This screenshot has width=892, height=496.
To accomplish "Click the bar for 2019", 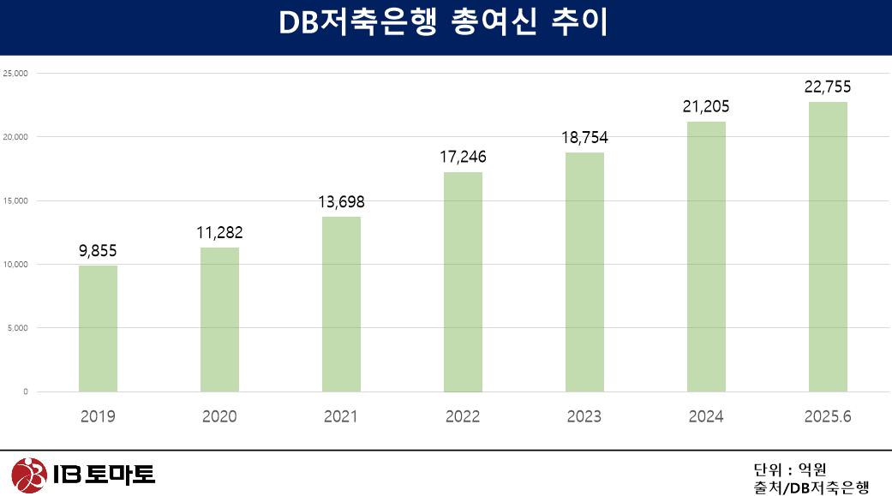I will [x=98, y=328].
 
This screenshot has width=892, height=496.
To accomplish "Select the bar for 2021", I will [x=341, y=304].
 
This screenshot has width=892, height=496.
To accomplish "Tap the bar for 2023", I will [x=584, y=272].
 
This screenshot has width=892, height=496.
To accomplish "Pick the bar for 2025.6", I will [x=828, y=247].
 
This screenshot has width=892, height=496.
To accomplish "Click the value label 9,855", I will [x=98, y=250].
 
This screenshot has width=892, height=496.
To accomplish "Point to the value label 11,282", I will [x=219, y=232].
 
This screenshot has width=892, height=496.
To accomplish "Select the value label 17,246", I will [x=463, y=157].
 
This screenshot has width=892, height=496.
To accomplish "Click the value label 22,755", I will [x=828, y=87].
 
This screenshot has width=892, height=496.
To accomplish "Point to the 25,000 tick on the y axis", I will [x=15, y=74].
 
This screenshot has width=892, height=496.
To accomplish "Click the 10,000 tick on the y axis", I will [x=15, y=265].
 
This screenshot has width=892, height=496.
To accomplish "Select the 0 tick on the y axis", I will [x=25, y=392].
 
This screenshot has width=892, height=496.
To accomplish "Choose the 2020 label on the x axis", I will [x=219, y=417].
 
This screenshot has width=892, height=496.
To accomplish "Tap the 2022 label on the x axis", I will [x=463, y=417].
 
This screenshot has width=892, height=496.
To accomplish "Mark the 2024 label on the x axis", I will [x=706, y=417].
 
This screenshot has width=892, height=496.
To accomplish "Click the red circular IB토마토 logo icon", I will [x=27, y=474].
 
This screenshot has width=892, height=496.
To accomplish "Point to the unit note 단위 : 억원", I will [x=789, y=469].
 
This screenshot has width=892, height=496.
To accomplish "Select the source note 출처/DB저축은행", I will [x=811, y=487].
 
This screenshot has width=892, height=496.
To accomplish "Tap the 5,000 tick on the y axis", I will [x=17, y=328].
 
